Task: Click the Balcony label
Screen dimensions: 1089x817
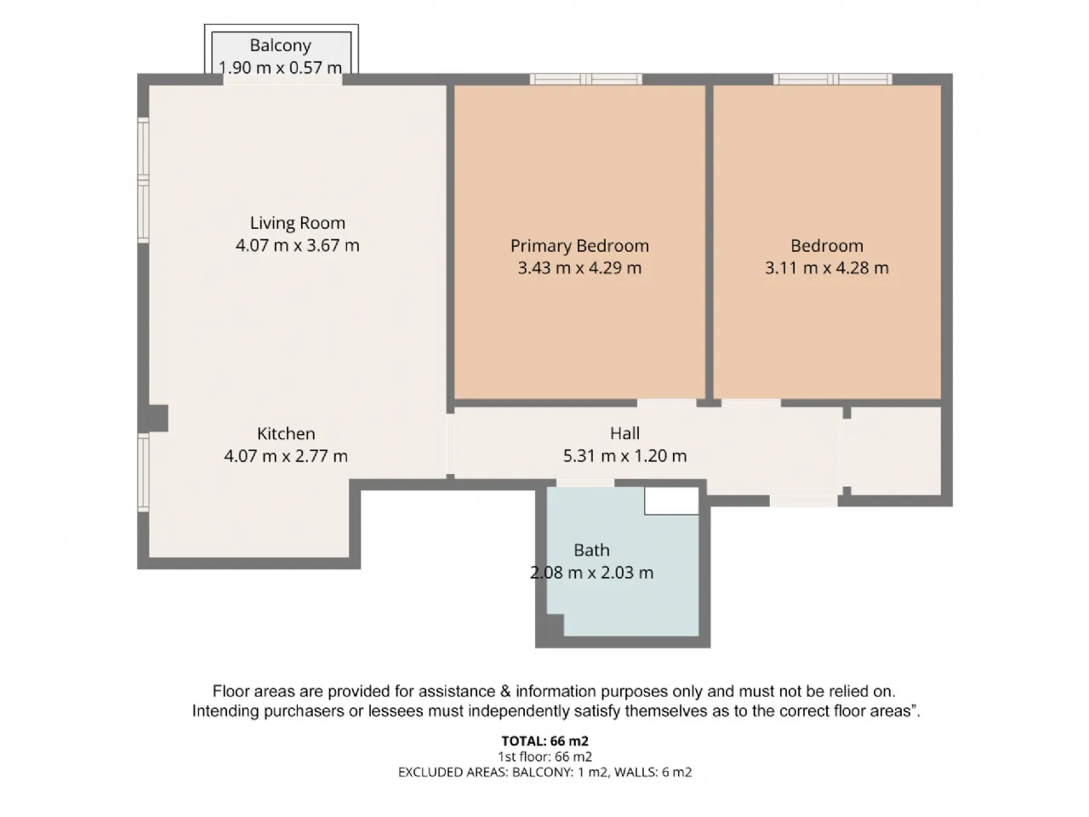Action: tap(280, 46)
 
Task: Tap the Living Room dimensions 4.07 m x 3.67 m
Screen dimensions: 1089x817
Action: tap(297, 245)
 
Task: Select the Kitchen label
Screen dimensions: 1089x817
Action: tap(286, 433)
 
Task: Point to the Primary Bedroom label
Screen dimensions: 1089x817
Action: tap(579, 246)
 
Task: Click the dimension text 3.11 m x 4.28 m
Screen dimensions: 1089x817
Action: tap(827, 268)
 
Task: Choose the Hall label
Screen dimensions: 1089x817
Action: tap(624, 433)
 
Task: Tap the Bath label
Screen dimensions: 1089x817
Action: tap(591, 550)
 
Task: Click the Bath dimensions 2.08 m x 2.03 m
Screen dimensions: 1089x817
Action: tap(591, 573)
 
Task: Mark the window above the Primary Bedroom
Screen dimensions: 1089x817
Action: tap(586, 79)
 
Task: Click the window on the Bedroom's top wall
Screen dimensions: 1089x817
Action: tap(833, 79)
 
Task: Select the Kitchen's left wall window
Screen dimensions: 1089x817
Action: tap(144, 471)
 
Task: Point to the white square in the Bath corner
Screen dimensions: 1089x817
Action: tap(672, 500)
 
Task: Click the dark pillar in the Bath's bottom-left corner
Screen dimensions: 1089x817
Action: tap(556, 625)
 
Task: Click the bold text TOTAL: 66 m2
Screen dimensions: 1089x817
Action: tap(544, 740)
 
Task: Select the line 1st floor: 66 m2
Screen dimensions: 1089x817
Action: tap(544, 757)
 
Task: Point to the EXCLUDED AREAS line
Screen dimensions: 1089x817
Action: tap(544, 772)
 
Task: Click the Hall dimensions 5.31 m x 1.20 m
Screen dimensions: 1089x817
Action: tap(624, 455)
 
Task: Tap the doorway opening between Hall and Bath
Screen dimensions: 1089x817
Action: tap(585, 483)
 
